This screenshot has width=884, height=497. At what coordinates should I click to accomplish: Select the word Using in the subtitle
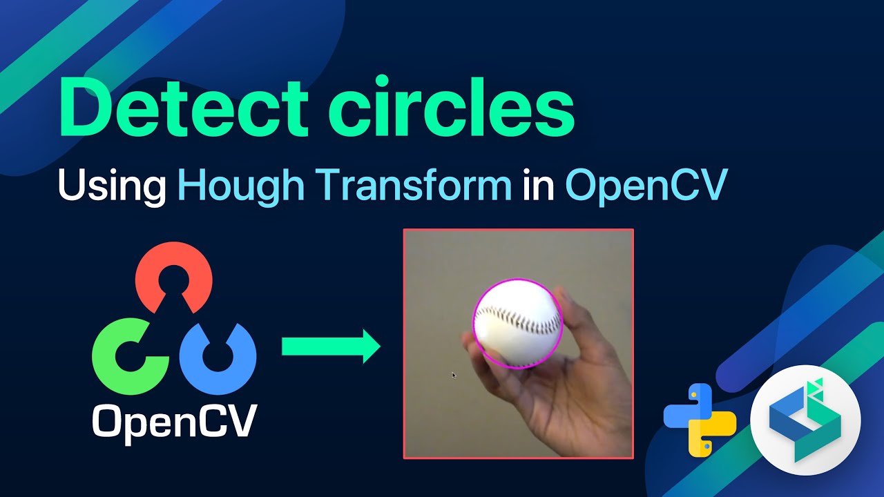tap(111, 184)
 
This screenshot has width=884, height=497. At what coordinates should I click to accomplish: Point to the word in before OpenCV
tap(538, 184)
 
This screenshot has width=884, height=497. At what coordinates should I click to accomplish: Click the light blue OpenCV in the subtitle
tap(646, 184)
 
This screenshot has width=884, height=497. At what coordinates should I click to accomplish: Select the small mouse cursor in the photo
tap(454, 375)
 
